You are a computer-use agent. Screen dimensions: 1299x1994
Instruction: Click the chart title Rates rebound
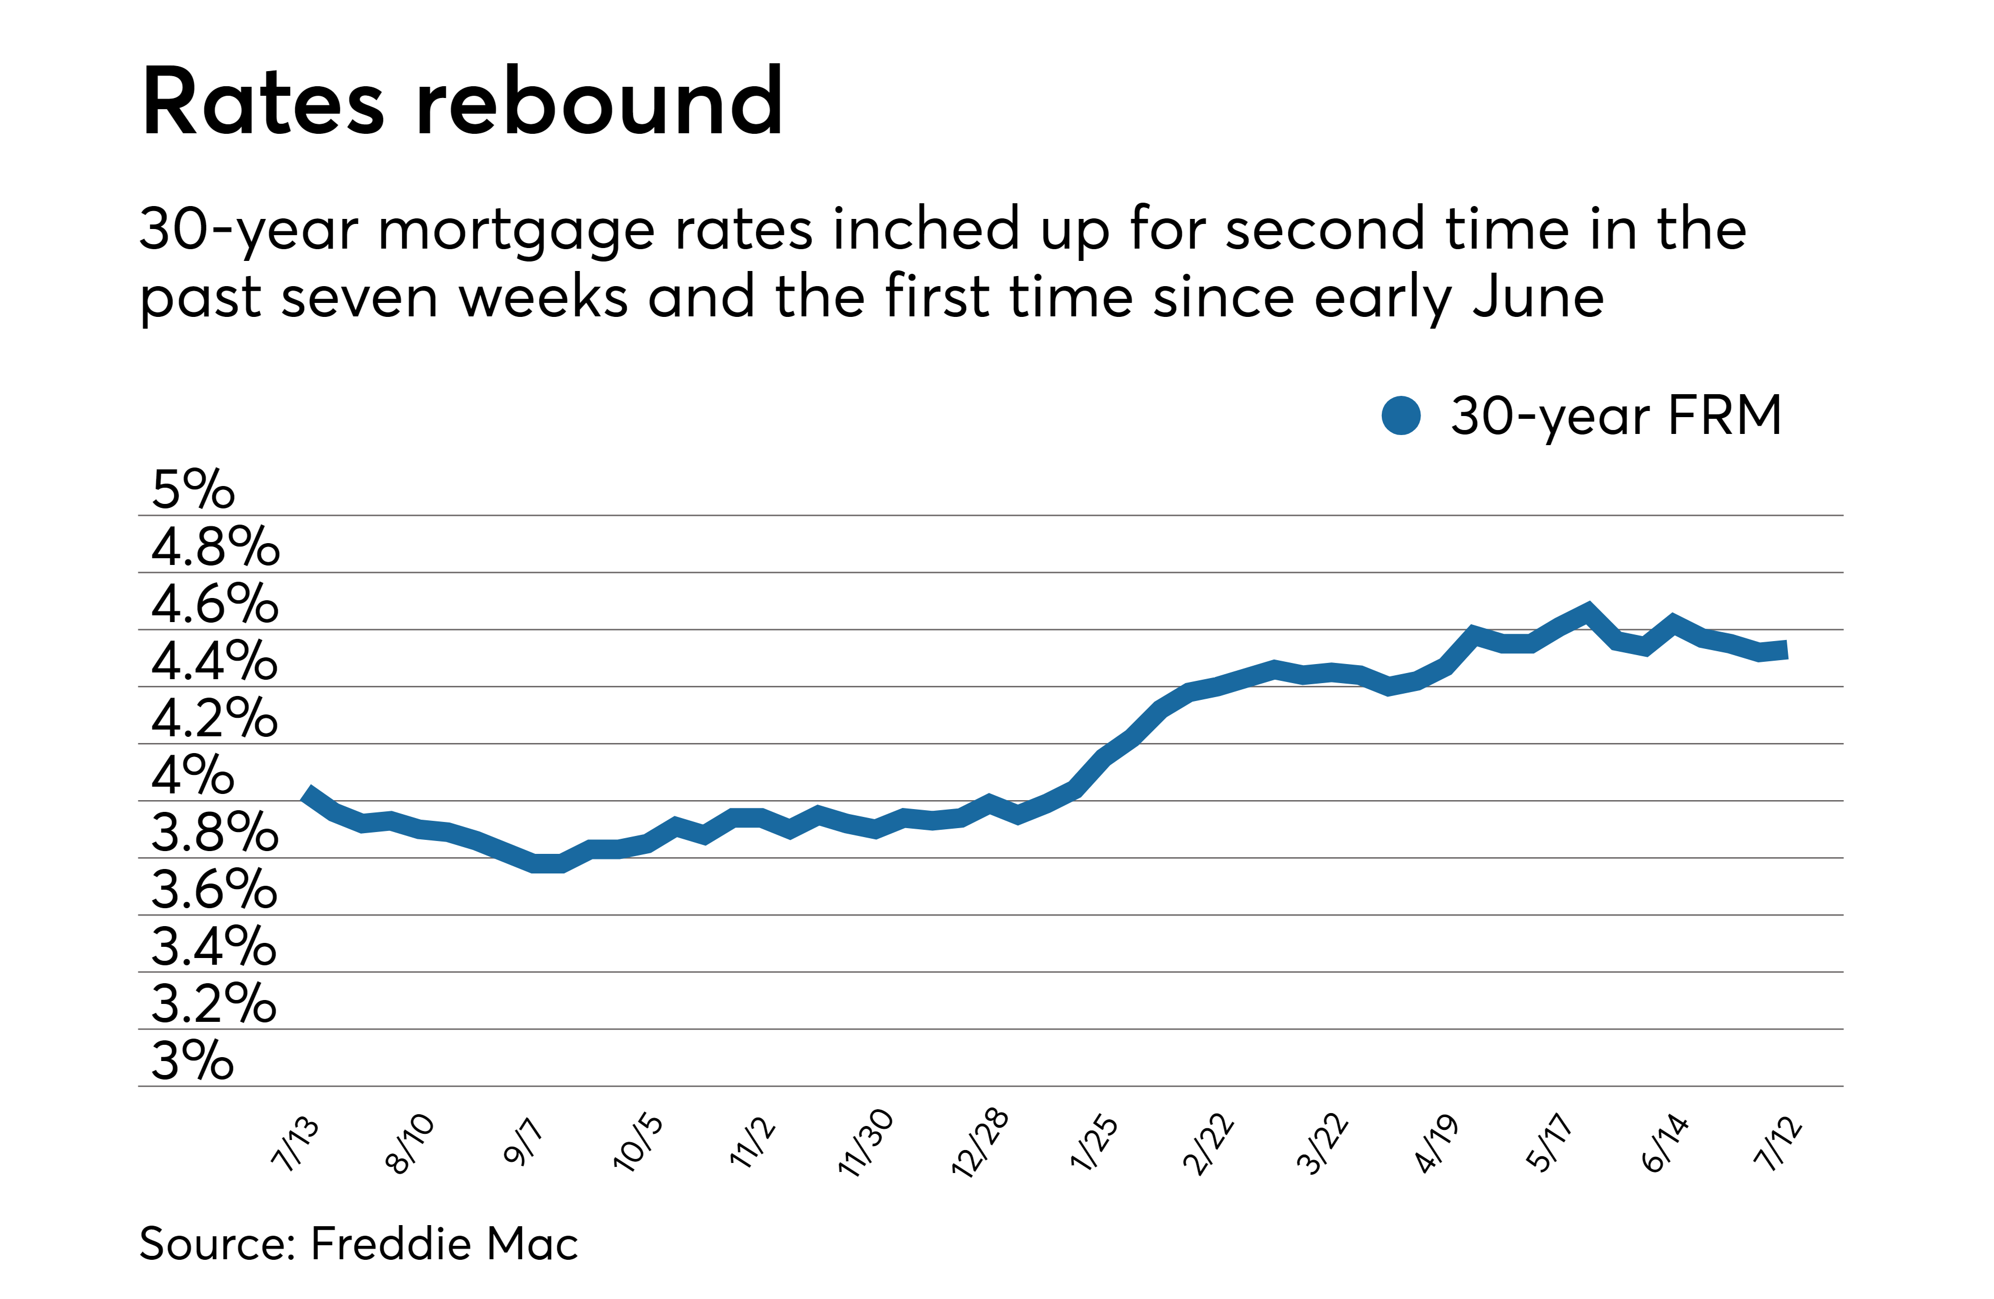[463, 102]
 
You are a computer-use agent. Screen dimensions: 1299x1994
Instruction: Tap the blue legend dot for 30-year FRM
[1401, 415]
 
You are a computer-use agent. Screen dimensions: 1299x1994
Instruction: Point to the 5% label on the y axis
[193, 490]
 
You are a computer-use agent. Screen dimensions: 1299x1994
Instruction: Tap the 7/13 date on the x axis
[296, 1143]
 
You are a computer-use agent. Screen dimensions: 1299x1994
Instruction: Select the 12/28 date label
[980, 1143]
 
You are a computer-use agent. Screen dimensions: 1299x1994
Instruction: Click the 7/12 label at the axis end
[1778, 1143]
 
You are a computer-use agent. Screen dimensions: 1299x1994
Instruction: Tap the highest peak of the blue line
[1587, 610]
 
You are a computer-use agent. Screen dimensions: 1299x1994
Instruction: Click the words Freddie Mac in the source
[444, 1244]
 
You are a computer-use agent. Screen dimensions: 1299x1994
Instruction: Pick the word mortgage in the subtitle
[516, 230]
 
